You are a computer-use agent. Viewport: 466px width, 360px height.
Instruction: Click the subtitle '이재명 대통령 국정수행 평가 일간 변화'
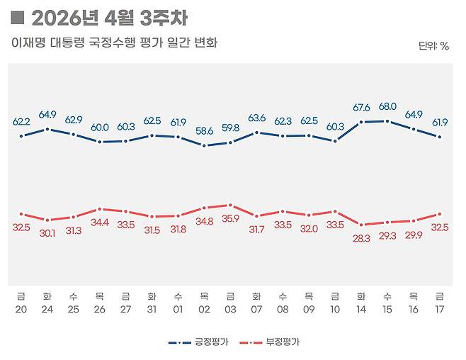pos(114,43)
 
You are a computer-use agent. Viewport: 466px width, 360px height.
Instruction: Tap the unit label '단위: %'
pos(433,46)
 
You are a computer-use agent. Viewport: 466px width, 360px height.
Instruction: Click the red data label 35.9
pos(231,219)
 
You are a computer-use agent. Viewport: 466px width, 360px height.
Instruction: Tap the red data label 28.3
pos(361,239)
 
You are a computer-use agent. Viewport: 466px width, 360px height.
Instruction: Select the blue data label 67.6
pos(361,108)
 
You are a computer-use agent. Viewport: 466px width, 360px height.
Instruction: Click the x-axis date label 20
pos(21,309)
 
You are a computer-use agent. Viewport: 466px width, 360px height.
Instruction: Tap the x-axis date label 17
pos(440,309)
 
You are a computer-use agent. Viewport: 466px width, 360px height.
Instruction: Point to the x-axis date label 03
pos(230,309)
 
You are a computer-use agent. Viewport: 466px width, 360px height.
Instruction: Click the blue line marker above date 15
pos(387,121)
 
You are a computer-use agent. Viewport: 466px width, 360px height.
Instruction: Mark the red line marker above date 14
pos(361,225)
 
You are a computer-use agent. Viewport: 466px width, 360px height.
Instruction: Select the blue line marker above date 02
pos(204,146)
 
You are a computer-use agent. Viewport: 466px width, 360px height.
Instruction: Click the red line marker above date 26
pos(100,209)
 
